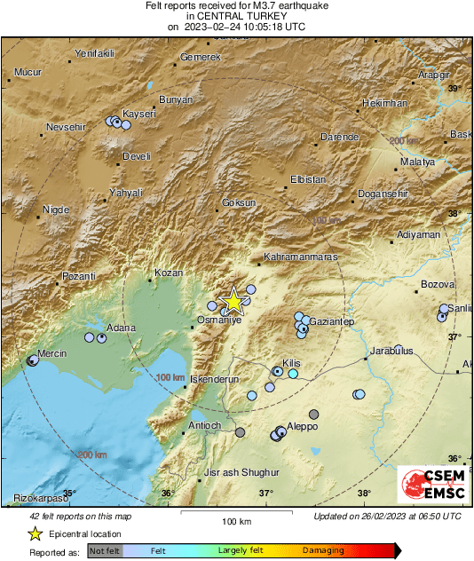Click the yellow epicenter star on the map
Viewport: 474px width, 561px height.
tap(233, 302)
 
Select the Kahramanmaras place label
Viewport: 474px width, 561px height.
tap(303, 257)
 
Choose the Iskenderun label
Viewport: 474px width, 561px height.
tap(216, 379)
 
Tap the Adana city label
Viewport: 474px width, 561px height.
tap(121, 328)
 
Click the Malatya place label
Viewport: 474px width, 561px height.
tap(417, 162)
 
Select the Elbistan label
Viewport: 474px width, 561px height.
tap(308, 180)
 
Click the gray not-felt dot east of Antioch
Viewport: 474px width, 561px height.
tap(241, 432)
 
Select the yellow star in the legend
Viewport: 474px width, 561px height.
tap(35, 533)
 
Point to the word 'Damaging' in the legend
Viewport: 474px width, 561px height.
tap(322, 550)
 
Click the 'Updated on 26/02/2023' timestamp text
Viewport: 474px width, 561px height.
tap(387, 516)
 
